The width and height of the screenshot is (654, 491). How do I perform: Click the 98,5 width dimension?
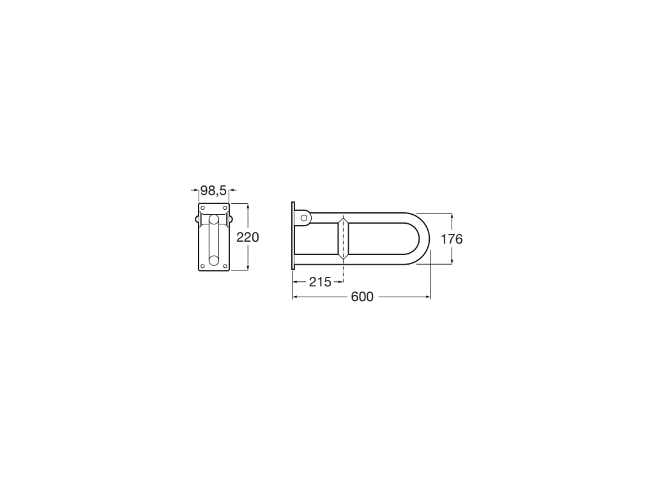coord(213,190)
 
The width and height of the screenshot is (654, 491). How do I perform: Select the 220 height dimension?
coord(248,237)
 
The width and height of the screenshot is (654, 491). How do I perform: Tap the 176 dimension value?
coord(452,239)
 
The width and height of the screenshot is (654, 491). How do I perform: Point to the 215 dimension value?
coord(320,282)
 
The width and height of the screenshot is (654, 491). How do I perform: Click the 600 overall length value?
coord(362,297)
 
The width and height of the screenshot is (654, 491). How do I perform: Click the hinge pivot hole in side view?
coord(304,218)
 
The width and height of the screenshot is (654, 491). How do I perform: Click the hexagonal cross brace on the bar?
coord(343,238)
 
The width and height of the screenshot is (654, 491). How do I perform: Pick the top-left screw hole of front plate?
coord(203,208)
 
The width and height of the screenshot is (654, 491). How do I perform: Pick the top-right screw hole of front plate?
coord(225,208)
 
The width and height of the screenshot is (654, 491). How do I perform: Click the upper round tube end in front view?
coord(214,220)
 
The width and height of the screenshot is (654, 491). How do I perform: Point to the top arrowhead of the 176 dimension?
coord(452,215)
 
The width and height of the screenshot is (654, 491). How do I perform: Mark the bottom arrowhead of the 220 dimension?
coord(248,268)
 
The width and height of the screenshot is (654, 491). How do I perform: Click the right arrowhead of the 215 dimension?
coord(340,282)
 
